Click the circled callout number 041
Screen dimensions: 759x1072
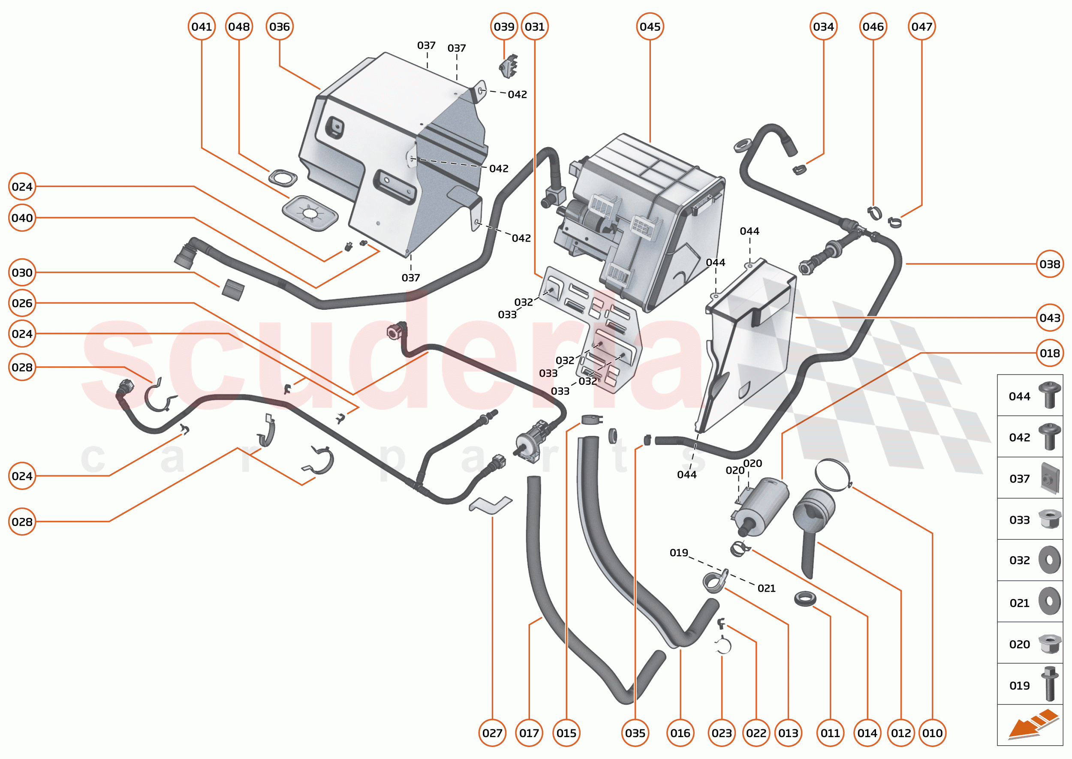[202, 27]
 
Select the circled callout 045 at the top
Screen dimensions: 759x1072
[650, 27]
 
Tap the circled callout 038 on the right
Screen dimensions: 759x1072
[1049, 264]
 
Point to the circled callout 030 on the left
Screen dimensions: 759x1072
[22, 272]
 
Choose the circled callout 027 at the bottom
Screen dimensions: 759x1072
[492, 733]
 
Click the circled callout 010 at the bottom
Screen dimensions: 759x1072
[932, 733]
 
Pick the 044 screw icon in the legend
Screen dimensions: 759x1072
[1049, 395]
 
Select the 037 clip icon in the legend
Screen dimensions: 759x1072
[1049, 478]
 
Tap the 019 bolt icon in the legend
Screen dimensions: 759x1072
[1049, 684]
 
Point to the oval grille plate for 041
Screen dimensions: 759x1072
[310, 214]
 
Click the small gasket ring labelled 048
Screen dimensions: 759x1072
[283, 178]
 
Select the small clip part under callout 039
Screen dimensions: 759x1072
[509, 66]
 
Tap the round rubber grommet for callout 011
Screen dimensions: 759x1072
[805, 598]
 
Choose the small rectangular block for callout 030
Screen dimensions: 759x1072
[232, 290]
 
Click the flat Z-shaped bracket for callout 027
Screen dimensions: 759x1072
[491, 505]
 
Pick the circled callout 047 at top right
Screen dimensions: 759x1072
[921, 27]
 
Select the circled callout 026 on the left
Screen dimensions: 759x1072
[22, 303]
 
